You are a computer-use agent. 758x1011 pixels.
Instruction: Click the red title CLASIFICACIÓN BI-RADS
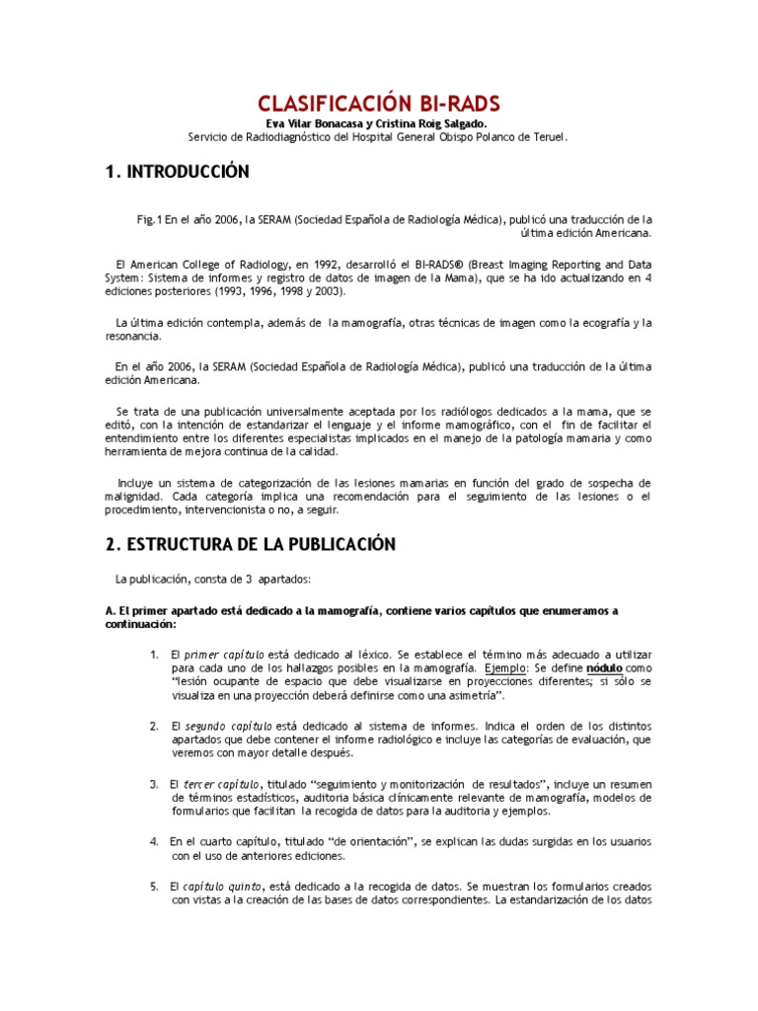379,103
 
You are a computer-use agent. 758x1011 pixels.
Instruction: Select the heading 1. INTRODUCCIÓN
178,172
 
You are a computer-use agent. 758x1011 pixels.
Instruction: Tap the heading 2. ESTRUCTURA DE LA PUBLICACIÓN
250,544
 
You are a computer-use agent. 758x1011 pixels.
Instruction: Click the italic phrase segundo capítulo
228,726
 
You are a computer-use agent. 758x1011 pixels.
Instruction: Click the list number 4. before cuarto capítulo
155,841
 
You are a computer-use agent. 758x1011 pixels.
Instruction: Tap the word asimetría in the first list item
460,695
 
